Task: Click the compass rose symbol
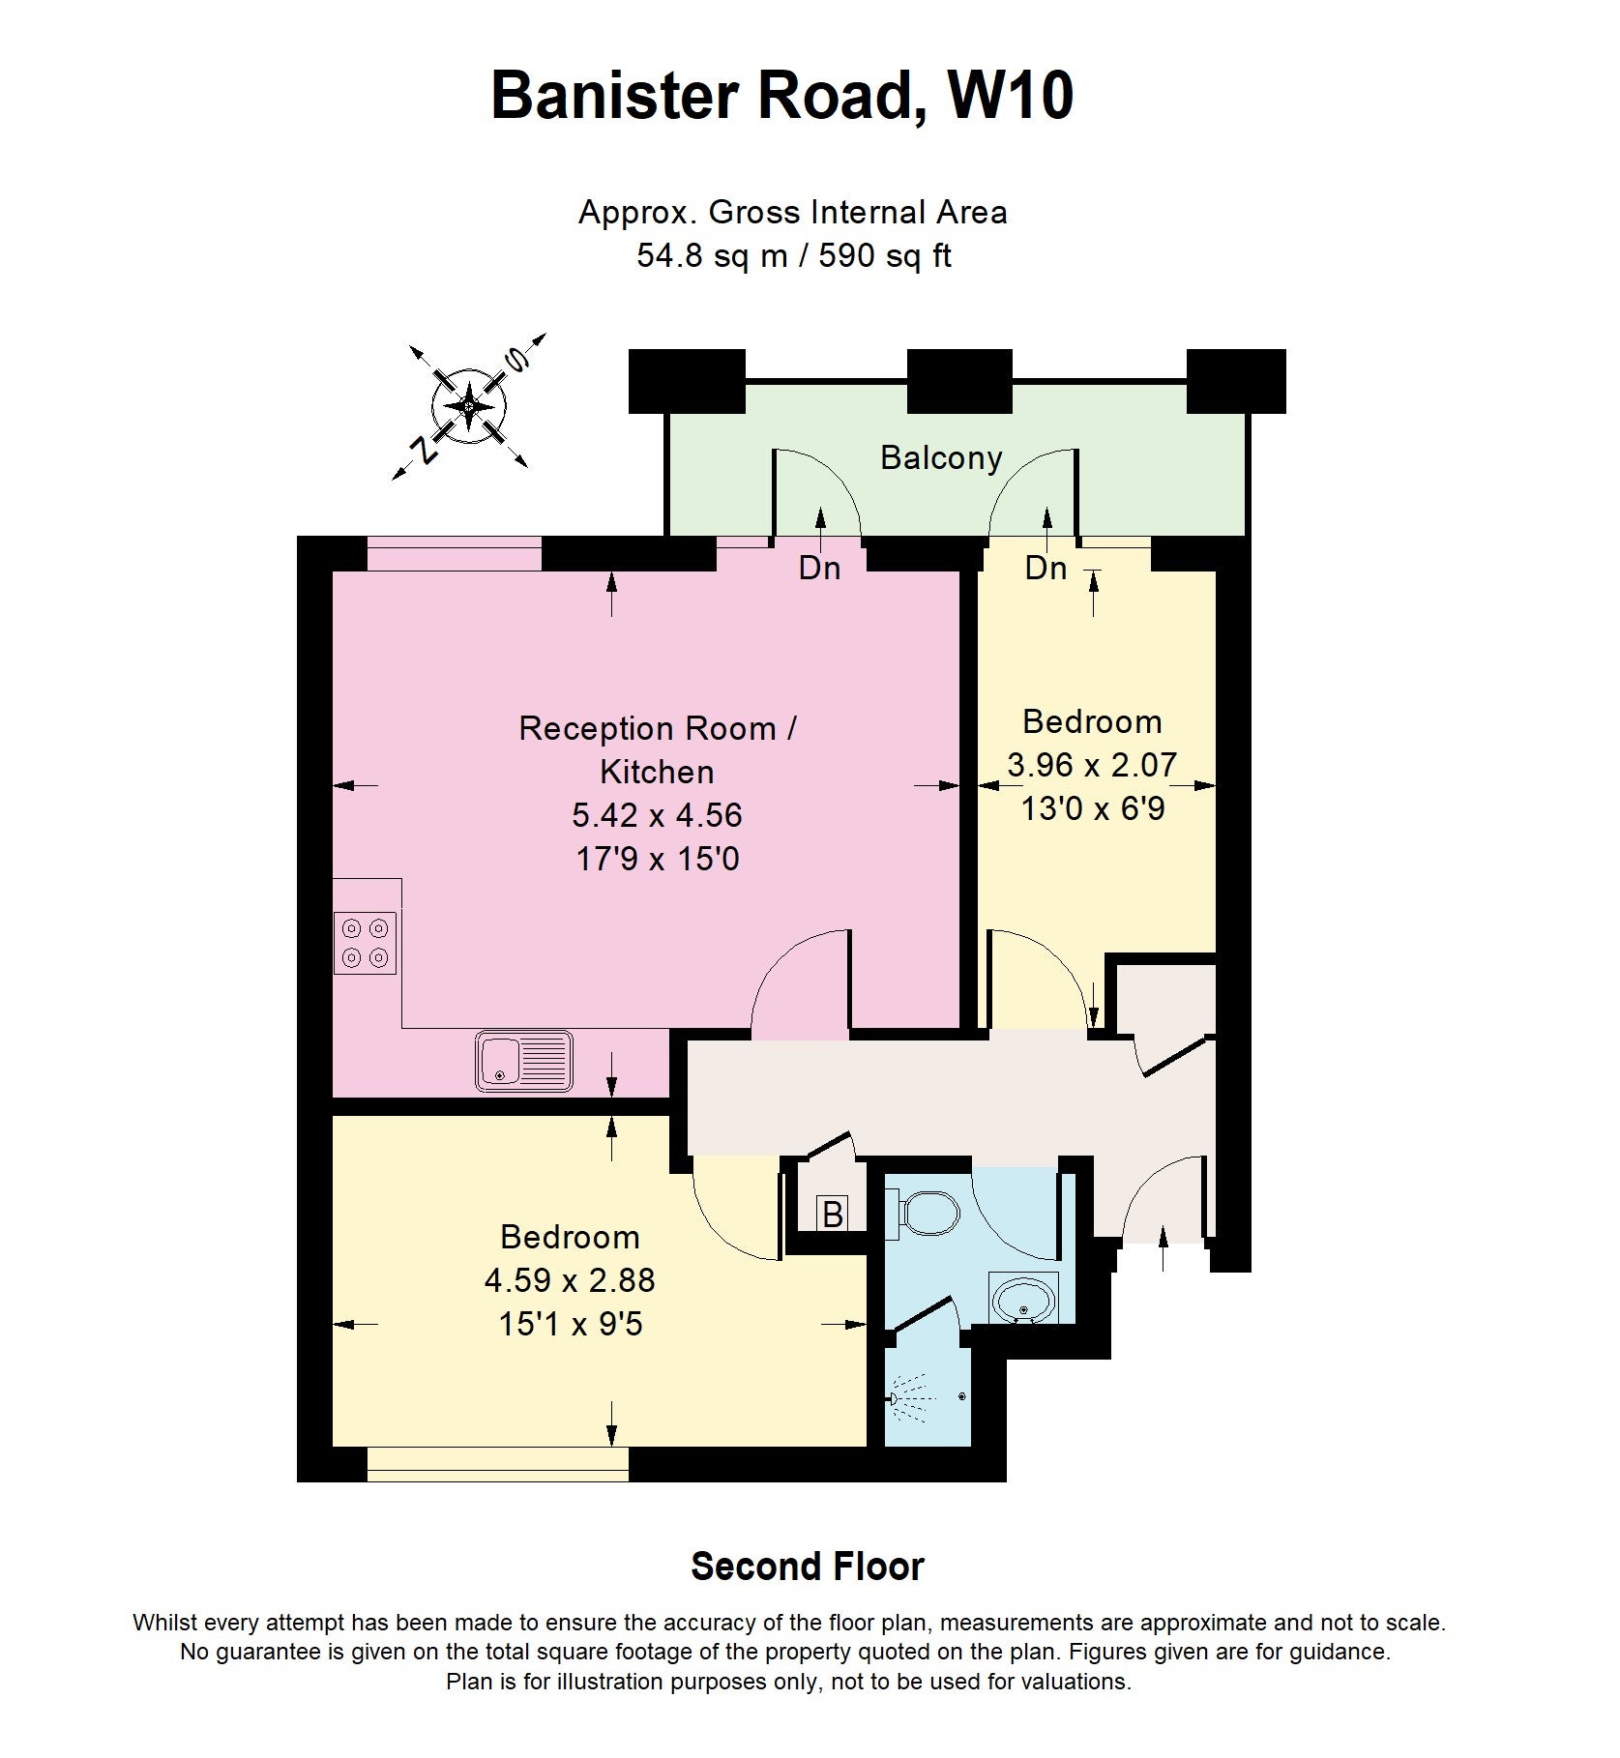(469, 406)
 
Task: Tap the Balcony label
(941, 457)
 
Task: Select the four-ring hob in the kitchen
(366, 943)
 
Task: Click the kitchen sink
(523, 1061)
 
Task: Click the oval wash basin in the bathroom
(1023, 1300)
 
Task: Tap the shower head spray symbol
(913, 1398)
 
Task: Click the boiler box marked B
(833, 1213)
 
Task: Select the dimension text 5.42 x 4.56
(657, 815)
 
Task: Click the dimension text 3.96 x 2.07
(1092, 765)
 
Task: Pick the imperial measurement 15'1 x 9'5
(571, 1323)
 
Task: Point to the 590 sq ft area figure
(885, 255)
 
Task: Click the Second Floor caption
(808, 1566)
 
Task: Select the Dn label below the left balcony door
(819, 568)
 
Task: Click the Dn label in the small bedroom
(1046, 568)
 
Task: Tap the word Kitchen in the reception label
(657, 772)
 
